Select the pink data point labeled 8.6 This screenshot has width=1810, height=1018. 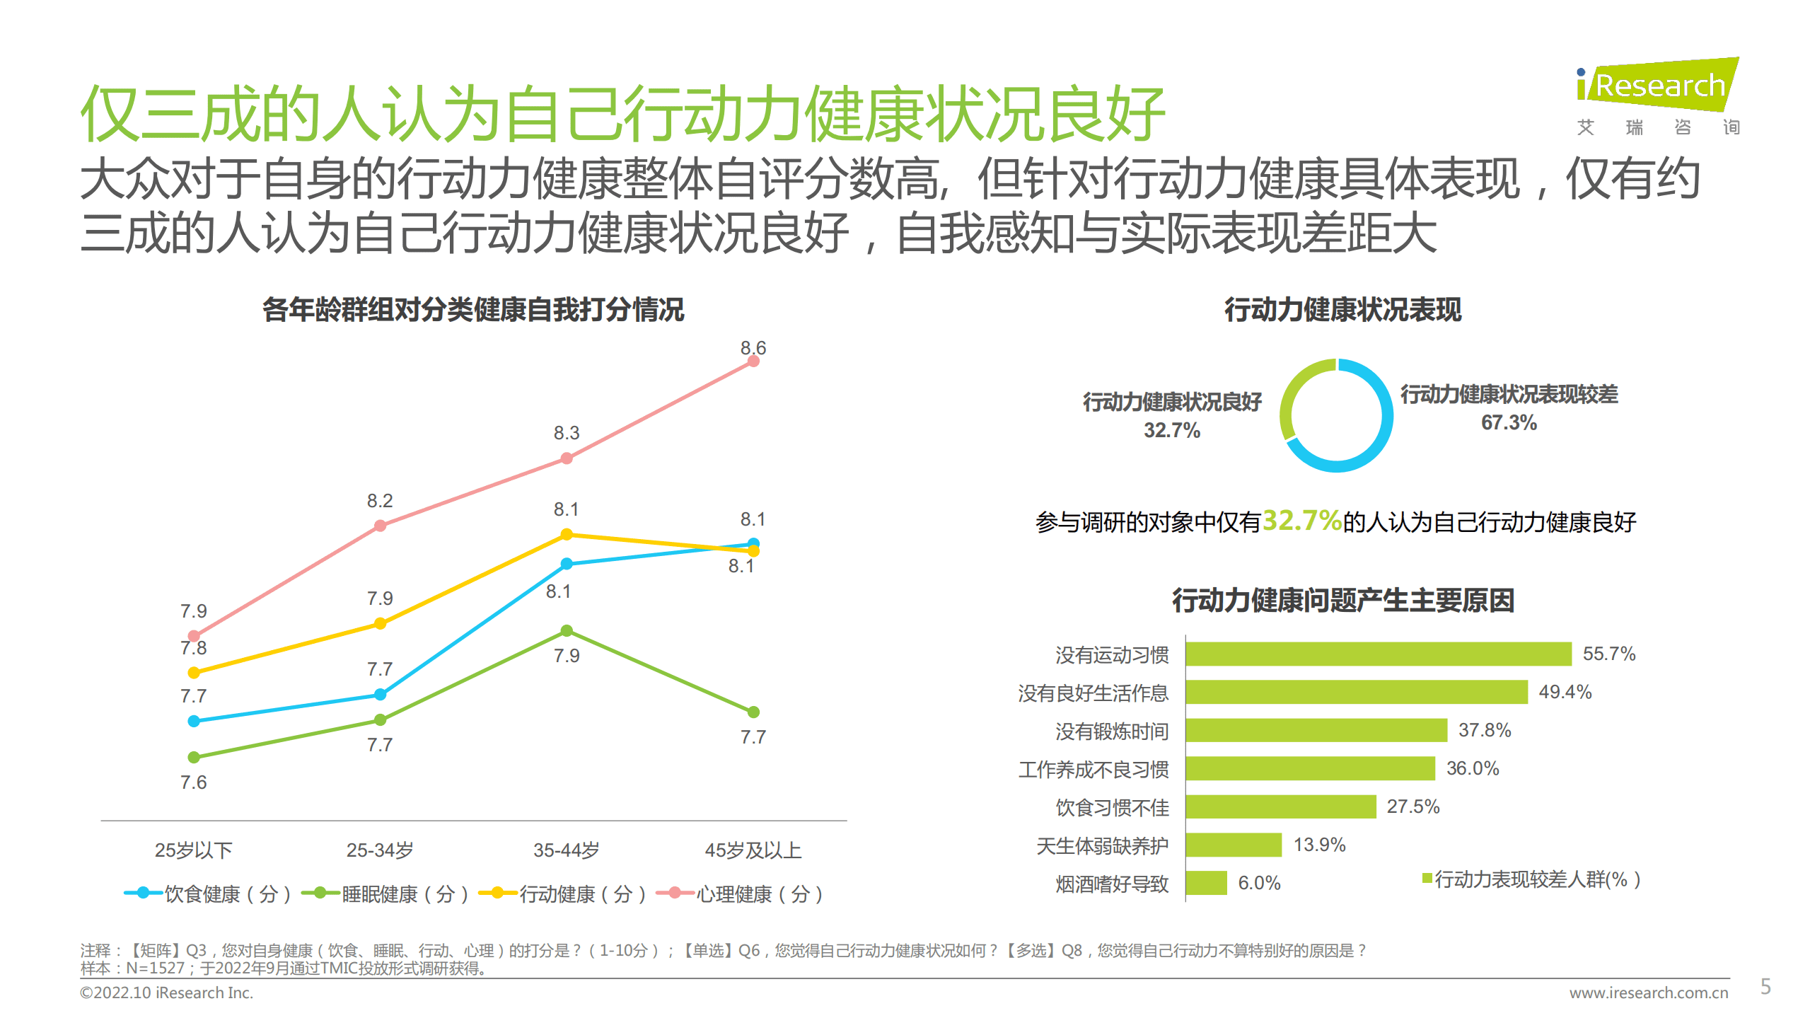click(753, 361)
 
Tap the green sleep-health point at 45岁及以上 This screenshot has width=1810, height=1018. click(753, 712)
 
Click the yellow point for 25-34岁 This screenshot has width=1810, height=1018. click(380, 623)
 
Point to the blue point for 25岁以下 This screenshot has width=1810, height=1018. click(194, 721)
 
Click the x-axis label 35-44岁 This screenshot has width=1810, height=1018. click(566, 850)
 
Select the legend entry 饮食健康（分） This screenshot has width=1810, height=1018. click(208, 894)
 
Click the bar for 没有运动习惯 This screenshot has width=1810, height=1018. click(1378, 654)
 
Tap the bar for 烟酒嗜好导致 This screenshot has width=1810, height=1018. click(1206, 883)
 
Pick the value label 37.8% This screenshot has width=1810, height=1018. click(1484, 730)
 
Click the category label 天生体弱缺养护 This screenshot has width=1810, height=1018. click(1102, 845)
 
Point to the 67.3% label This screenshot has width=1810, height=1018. click(1509, 423)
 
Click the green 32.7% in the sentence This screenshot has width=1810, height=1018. click(1301, 521)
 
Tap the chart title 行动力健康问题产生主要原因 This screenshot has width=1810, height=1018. click(1342, 601)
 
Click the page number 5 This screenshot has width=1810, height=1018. click(1765, 986)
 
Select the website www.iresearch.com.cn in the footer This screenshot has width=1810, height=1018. click(1648, 993)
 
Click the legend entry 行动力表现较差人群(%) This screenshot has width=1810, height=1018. click(1531, 879)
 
